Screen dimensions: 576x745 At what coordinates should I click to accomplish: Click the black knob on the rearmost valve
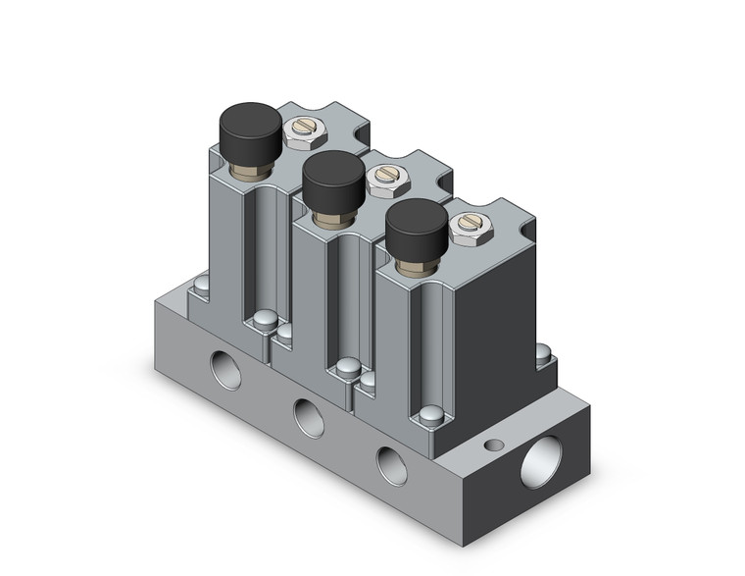[249, 129]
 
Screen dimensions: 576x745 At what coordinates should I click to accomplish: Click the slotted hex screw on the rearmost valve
[301, 130]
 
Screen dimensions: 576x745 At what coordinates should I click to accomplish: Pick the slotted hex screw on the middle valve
[385, 177]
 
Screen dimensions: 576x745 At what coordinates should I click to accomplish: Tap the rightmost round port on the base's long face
[392, 465]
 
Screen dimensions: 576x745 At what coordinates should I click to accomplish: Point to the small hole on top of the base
[494, 445]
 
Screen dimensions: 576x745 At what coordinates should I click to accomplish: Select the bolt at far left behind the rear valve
[201, 286]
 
